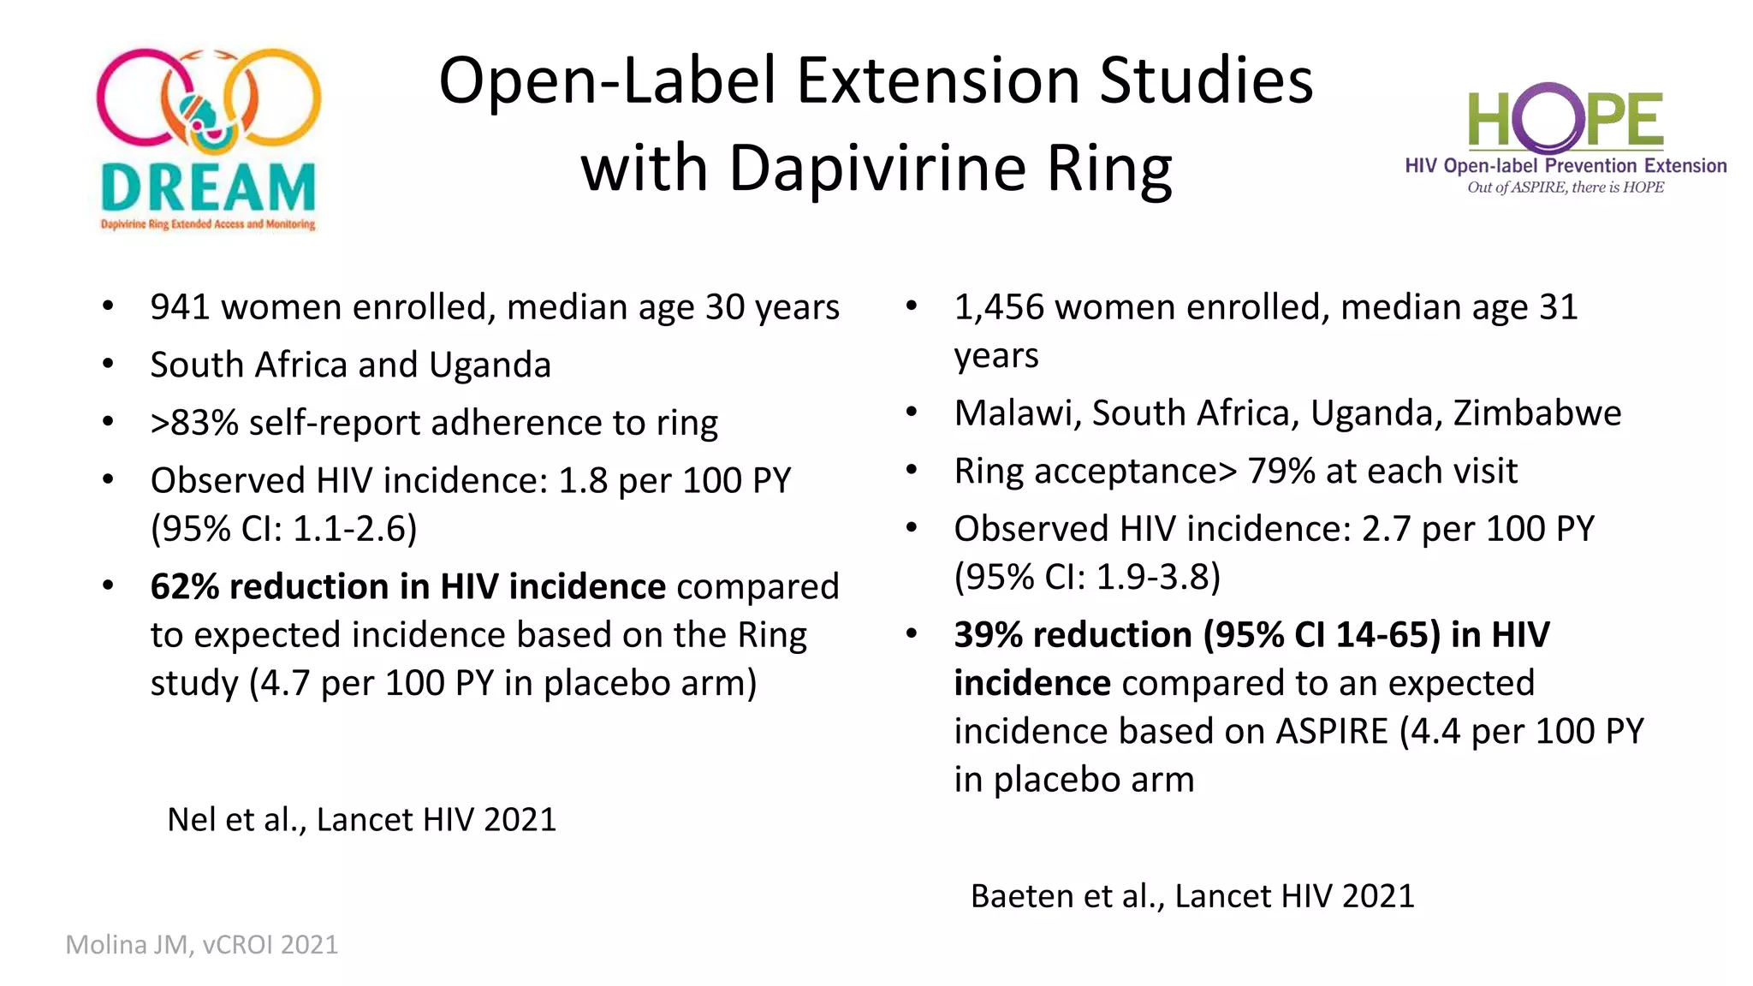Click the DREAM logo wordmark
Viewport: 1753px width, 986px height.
pos(208,187)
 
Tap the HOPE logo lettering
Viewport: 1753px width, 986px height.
pos(1566,121)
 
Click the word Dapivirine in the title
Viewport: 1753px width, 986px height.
pos(876,168)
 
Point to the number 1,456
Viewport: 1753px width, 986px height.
pos(999,307)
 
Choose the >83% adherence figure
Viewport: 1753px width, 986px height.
pos(194,423)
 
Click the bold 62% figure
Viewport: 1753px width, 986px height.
pos(185,587)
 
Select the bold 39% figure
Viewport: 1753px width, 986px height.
pos(989,635)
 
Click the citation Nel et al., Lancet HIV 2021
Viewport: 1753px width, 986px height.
pos(361,820)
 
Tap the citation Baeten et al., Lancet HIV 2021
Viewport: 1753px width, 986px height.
pos(1192,896)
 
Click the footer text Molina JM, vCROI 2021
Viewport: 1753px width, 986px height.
pos(202,945)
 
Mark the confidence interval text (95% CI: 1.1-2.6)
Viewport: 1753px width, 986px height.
pos(283,529)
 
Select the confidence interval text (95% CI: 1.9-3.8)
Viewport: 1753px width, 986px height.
pos(1087,577)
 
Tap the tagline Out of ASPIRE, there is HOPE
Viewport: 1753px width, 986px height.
pos(1566,187)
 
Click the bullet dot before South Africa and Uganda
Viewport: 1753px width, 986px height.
pos(108,365)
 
